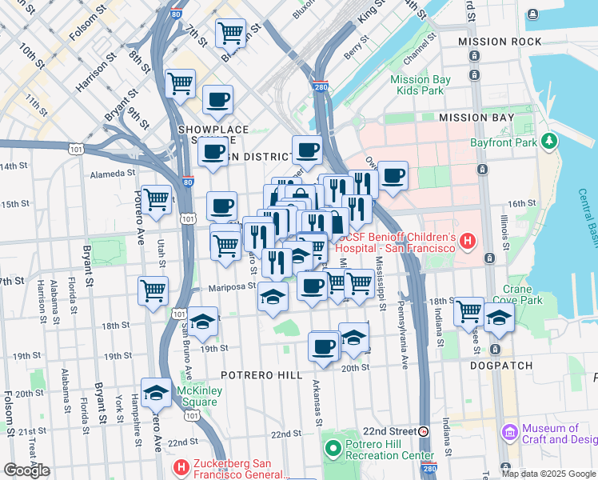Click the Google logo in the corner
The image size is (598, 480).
click(x=26, y=470)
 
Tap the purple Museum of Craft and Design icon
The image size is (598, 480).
click(x=509, y=433)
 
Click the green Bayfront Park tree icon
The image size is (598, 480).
click(x=548, y=142)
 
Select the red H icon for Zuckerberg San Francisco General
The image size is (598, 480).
click(x=181, y=466)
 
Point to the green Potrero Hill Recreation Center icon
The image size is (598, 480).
click(x=333, y=448)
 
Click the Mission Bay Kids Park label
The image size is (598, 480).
click(x=417, y=85)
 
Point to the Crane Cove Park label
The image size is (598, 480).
click(x=523, y=294)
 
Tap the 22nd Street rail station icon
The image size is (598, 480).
click(x=424, y=430)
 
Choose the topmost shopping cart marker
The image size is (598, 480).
click(x=231, y=34)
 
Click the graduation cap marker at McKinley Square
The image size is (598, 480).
click(x=157, y=392)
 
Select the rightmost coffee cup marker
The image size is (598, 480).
click(x=392, y=175)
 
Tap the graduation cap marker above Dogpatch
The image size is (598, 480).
click(x=499, y=317)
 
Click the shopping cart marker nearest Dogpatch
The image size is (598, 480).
click(x=468, y=310)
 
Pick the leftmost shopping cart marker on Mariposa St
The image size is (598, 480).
click(x=153, y=290)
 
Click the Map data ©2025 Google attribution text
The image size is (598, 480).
click(x=548, y=473)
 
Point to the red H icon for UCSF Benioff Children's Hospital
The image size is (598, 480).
click(x=468, y=240)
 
